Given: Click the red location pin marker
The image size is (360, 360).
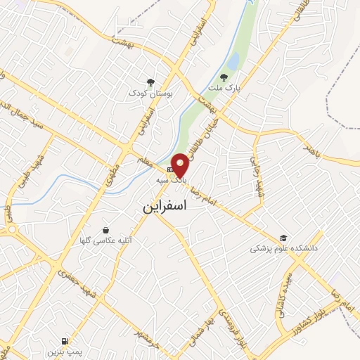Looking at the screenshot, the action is pos(181,165).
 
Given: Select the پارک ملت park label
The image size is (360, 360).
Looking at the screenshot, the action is pos(224,89).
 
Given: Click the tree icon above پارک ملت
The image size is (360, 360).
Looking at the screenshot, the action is pos(224,77).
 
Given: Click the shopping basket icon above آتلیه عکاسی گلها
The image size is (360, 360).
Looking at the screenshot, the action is pos(105,229).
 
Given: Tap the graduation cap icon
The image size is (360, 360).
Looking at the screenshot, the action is pos(283,238).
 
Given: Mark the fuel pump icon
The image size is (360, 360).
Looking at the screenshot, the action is pos(66,338).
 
